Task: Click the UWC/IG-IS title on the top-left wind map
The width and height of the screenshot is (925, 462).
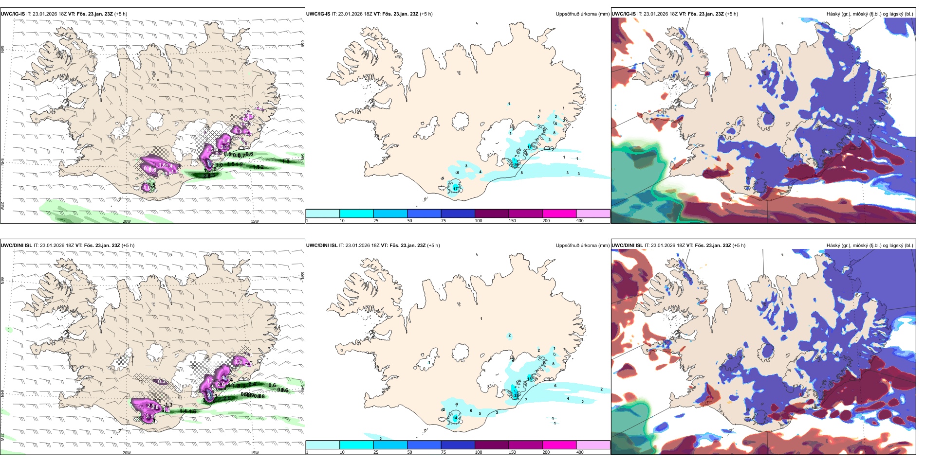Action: point(13,14)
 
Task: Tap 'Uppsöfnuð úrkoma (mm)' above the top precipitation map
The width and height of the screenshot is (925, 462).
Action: point(582,14)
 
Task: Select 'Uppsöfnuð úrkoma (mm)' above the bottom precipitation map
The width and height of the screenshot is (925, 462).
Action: point(582,246)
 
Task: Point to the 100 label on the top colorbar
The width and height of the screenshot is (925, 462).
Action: point(479,221)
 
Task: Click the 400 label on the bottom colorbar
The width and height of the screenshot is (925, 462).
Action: point(580,452)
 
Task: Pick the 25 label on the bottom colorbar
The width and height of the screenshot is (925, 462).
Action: point(376,452)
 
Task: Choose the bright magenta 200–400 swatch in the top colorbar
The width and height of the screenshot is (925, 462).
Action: point(559,213)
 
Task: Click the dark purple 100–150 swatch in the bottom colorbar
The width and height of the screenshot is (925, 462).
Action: point(492,445)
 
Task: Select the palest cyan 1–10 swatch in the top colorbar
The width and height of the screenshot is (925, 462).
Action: point(323,213)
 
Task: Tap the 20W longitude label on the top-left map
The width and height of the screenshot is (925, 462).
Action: point(127,221)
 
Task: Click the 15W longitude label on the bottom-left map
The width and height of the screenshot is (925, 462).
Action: point(255,453)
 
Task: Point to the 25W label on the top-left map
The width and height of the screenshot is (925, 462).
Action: point(2,206)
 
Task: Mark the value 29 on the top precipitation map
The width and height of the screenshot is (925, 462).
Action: point(517,165)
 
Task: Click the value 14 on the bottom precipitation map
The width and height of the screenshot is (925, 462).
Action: point(455,418)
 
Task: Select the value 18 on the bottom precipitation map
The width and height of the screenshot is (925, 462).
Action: point(530,378)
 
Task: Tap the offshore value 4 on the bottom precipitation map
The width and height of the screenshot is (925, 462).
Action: point(568,399)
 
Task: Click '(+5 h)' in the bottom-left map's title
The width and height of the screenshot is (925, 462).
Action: point(128,246)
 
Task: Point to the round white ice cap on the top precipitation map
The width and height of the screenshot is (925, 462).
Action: point(460,121)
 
